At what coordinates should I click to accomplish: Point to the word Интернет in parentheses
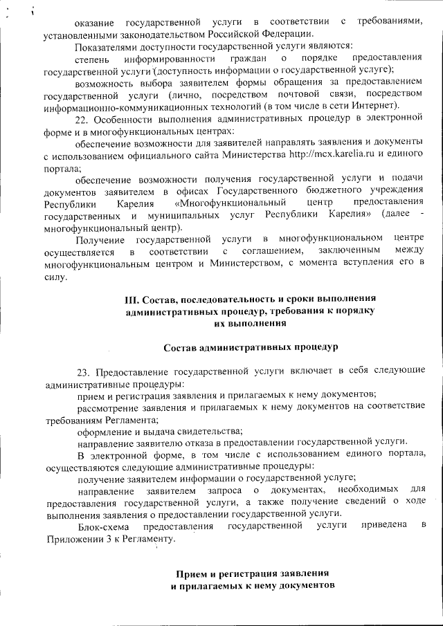374,105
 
